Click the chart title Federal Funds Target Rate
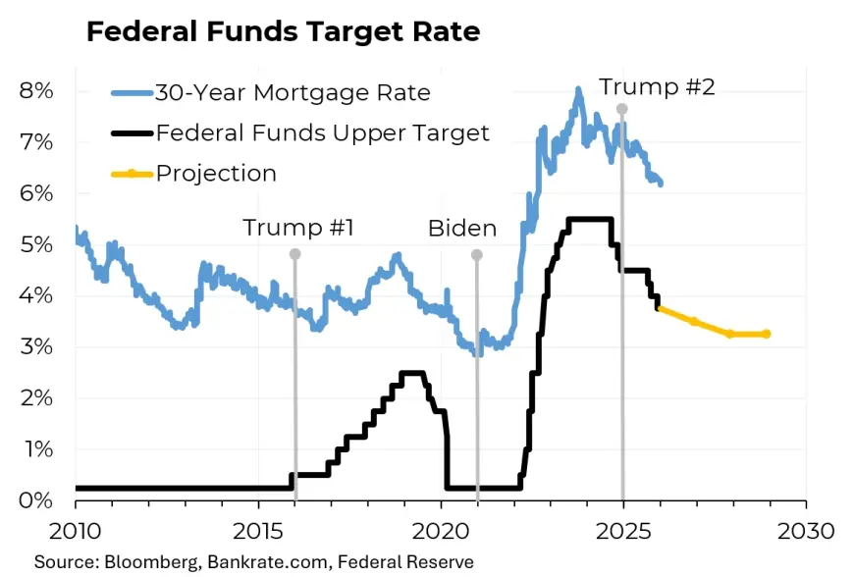click(x=283, y=31)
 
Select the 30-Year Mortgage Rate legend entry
click(x=292, y=93)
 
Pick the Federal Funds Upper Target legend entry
click(x=322, y=132)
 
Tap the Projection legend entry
click(x=216, y=174)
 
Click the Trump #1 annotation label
click(x=297, y=229)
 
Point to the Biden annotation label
click(x=462, y=229)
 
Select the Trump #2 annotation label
click(x=657, y=86)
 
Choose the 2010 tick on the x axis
click(x=76, y=531)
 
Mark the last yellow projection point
click(x=766, y=334)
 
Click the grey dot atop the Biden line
click(x=477, y=254)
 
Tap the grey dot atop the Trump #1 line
click(x=294, y=254)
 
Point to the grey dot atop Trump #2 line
click(x=621, y=108)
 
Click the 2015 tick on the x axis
click(x=258, y=531)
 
